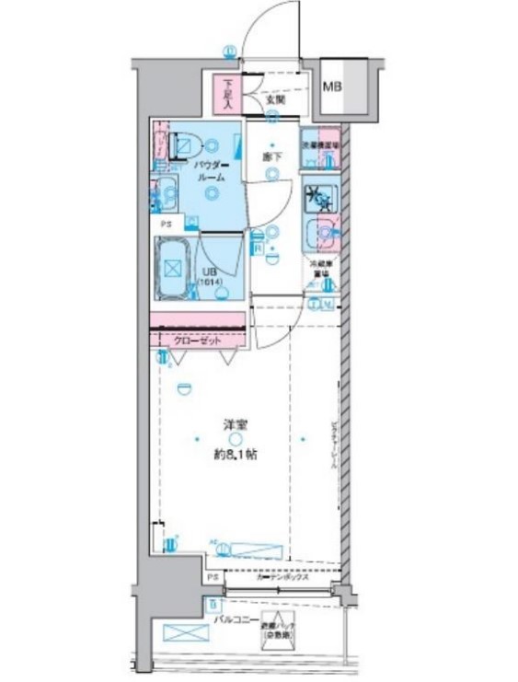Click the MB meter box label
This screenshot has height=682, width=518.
(x=331, y=88)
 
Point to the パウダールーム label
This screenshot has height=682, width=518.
(x=211, y=170)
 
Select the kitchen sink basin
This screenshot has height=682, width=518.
(x=319, y=236)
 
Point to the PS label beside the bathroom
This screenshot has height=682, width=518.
(x=167, y=223)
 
